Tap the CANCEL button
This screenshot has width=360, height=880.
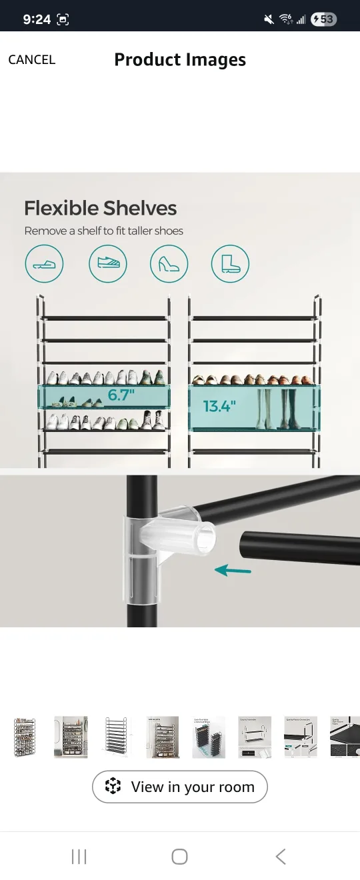[x=31, y=60]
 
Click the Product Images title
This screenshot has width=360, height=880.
[x=180, y=60]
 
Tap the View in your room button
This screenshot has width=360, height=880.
[x=180, y=787]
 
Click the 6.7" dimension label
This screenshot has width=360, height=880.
[x=121, y=395]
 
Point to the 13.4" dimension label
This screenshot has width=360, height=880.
[x=219, y=406]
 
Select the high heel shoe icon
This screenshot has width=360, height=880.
[x=169, y=264]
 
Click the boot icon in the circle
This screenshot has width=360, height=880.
[x=230, y=264]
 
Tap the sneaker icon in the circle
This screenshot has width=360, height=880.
[x=107, y=264]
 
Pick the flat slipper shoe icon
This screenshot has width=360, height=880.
[x=44, y=264]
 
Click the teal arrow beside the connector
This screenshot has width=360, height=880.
[x=233, y=570]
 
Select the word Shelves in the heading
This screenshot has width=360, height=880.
[x=141, y=208]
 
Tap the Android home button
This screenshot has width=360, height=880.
[x=179, y=857]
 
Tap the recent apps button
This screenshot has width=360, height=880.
[x=79, y=857]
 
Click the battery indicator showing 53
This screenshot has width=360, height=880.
[x=323, y=19]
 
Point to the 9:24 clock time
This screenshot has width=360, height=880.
[x=37, y=19]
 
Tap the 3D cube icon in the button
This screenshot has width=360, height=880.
[x=113, y=787]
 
